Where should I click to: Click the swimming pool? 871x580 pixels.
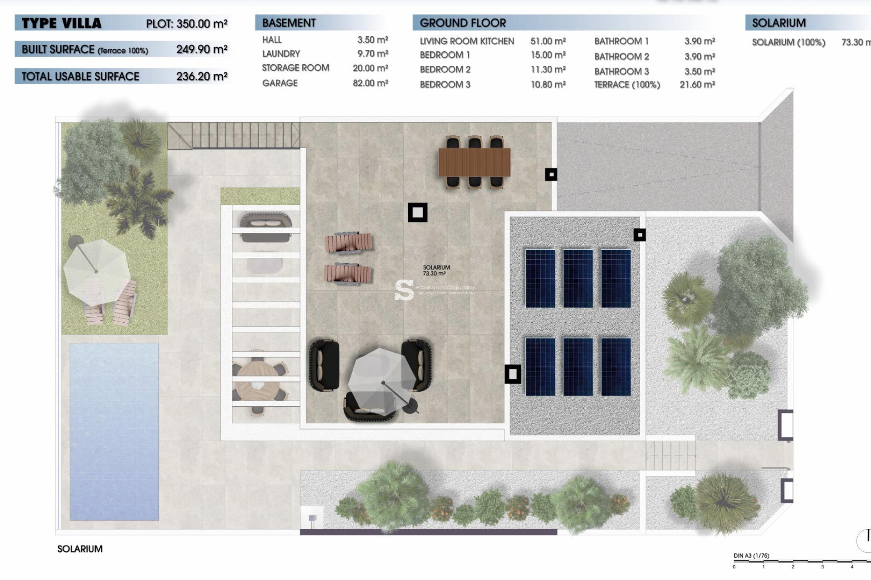114,431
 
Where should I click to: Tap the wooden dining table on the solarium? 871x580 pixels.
474,162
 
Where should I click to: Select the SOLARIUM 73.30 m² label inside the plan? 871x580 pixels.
436,271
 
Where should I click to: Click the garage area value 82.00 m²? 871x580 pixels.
370,83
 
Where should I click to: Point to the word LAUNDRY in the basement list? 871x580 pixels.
281,54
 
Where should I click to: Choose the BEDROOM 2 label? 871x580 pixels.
445,70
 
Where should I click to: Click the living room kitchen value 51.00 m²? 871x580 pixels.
548,41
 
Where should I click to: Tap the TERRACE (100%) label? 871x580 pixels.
627,85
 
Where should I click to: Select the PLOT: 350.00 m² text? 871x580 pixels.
186,24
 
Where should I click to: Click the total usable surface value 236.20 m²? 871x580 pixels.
202,77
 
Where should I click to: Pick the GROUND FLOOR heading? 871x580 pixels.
462,23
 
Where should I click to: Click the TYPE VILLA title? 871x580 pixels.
62,24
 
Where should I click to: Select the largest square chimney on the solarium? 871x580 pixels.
417,212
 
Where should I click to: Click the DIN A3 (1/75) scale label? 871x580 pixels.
751,556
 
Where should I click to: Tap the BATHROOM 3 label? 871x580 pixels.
621,72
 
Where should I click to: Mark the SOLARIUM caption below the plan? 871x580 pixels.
80,549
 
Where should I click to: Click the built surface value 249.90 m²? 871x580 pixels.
202,49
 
